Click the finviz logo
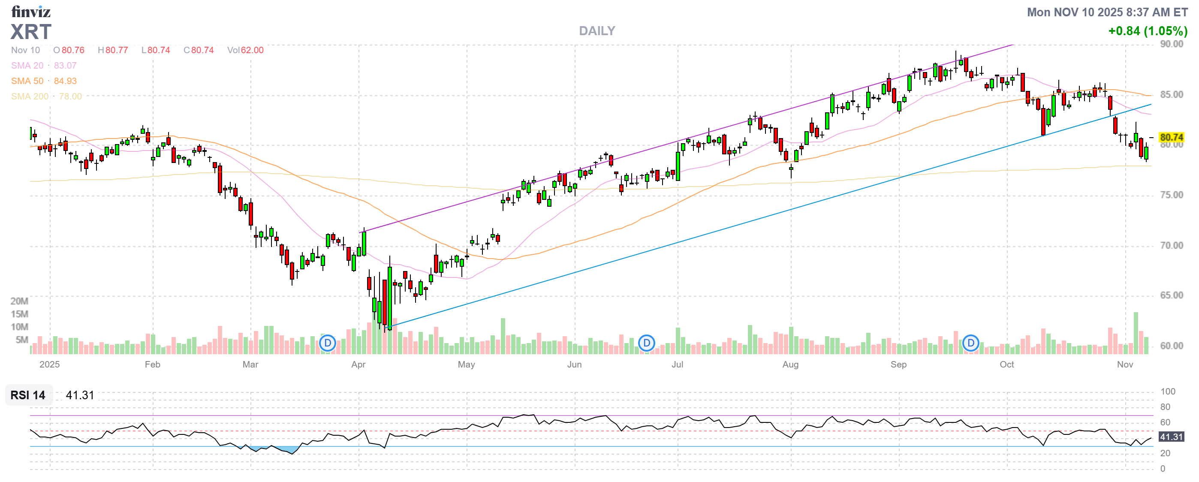point(31,11)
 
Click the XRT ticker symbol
point(31,32)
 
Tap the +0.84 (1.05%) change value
point(1148,31)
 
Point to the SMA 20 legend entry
point(27,66)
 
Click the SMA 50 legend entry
point(27,81)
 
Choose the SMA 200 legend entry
point(30,96)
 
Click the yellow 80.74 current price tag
point(1171,137)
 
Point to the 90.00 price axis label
point(1171,44)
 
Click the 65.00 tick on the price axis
point(1171,295)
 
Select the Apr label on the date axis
point(358,365)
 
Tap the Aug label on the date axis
point(790,365)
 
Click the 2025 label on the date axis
point(49,365)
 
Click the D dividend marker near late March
point(328,343)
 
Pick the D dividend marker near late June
point(647,343)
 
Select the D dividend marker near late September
point(970,343)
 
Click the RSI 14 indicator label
point(28,395)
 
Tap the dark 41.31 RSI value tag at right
point(1171,437)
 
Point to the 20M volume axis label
point(20,301)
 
